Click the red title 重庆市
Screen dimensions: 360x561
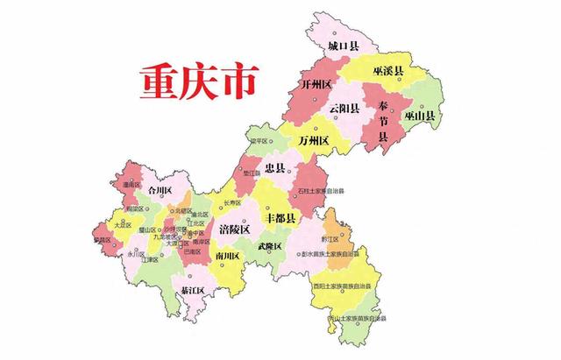196,82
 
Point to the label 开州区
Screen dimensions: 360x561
316,85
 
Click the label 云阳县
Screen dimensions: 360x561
344,109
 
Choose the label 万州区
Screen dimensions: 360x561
312,140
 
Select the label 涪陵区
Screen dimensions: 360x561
234,229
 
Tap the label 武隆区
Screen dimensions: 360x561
269,246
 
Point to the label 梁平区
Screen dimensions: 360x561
282,139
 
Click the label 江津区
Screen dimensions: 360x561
147,259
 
